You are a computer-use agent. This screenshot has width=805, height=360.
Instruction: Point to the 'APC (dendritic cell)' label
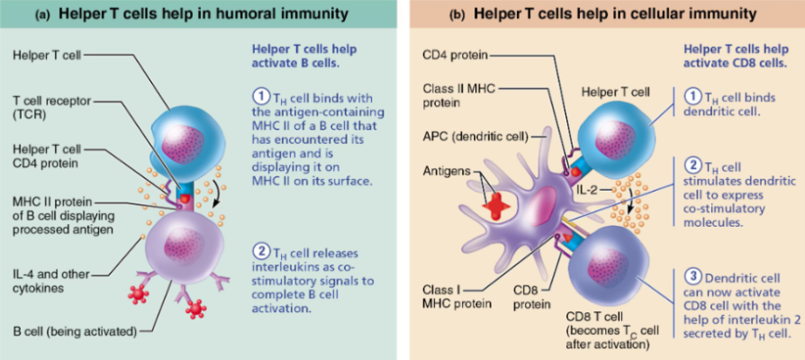click(x=474, y=134)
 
